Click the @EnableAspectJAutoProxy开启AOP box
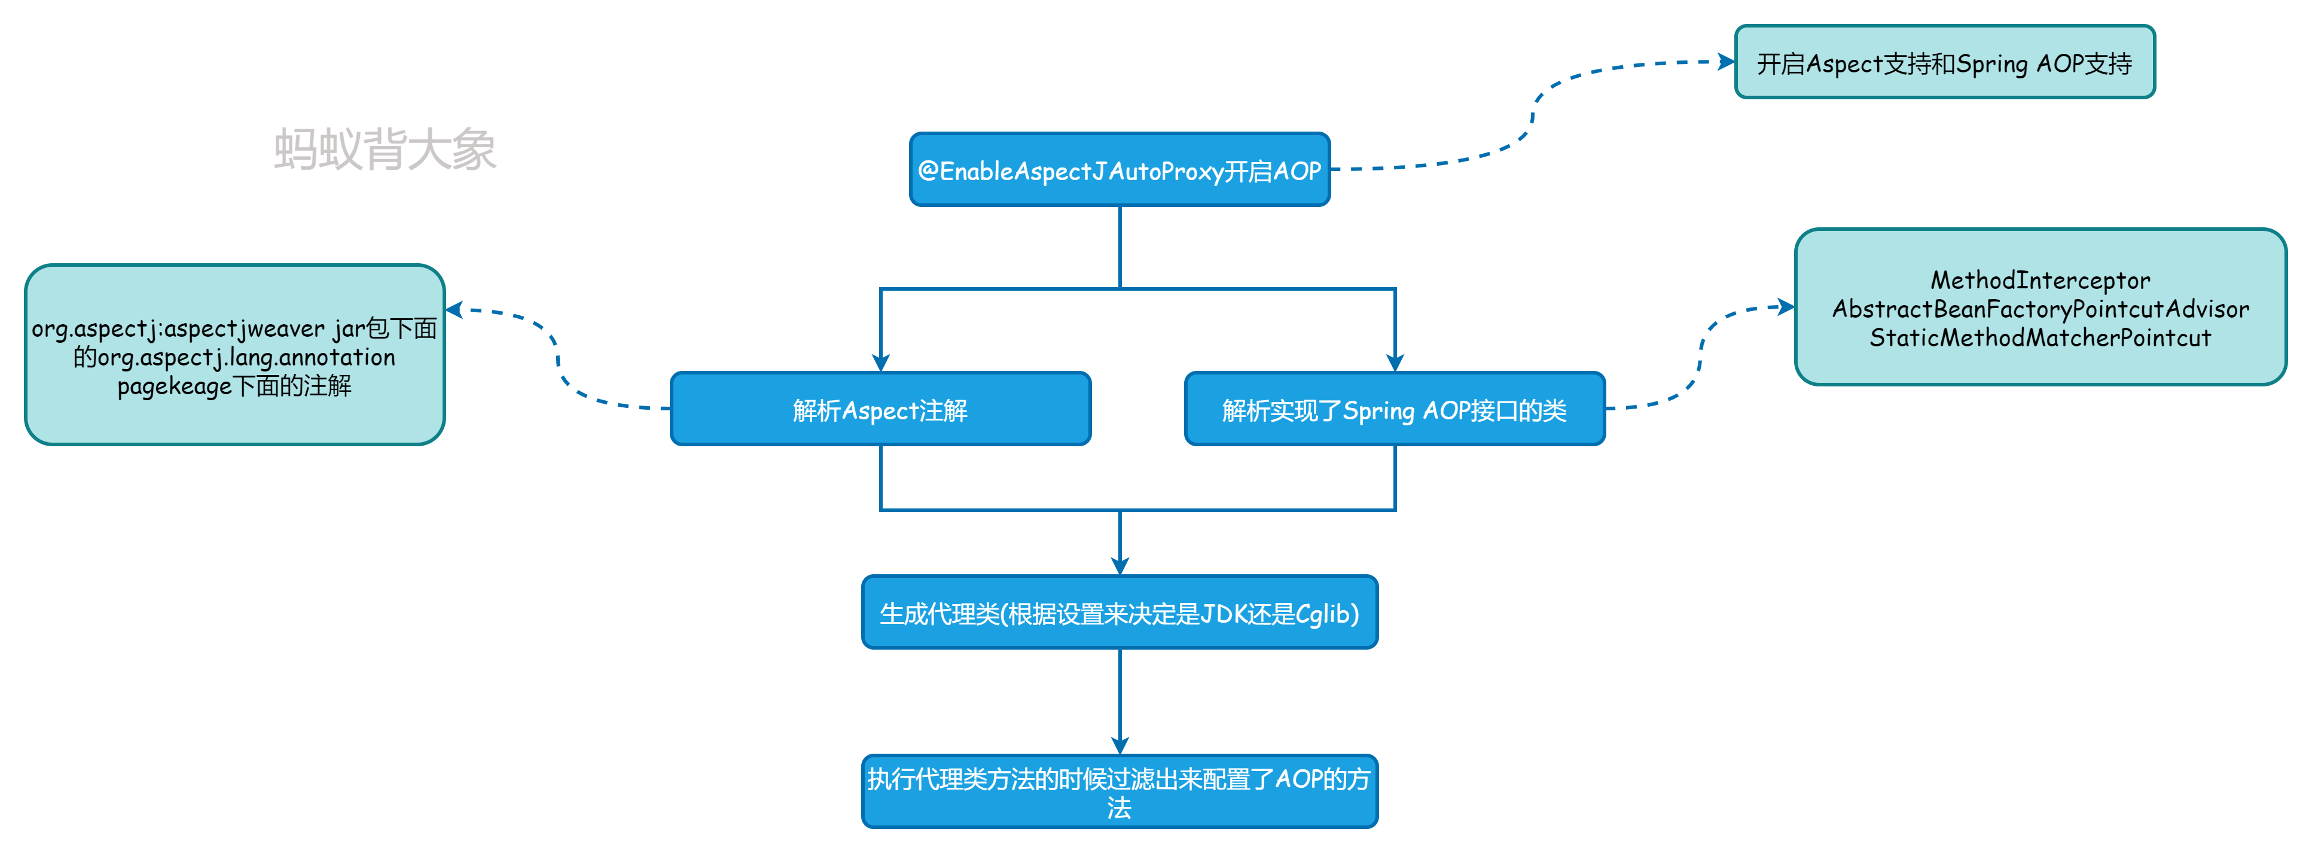tap(1119, 170)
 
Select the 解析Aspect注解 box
tap(880, 409)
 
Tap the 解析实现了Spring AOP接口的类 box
tap(1394, 409)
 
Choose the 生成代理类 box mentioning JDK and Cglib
tap(1119, 613)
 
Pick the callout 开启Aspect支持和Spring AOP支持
tap(1944, 63)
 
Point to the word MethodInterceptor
tap(2040, 280)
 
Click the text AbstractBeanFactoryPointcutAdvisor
tap(2040, 309)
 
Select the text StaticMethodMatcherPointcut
tap(2040, 337)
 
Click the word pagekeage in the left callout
tap(174, 386)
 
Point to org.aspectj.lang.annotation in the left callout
tap(246, 357)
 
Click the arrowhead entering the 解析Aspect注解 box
tap(880, 362)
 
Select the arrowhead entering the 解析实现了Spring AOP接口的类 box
tap(1395, 362)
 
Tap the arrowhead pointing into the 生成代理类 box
tap(1119, 566)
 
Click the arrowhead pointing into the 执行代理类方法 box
tap(1119, 745)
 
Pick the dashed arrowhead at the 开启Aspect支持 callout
tap(1726, 62)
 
